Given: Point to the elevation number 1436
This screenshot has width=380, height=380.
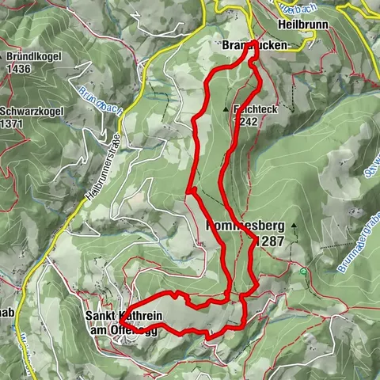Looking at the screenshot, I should tap(22, 69).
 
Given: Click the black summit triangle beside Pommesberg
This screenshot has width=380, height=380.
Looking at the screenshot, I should tap(292, 225).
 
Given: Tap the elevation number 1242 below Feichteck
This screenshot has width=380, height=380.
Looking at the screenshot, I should tap(246, 122).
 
